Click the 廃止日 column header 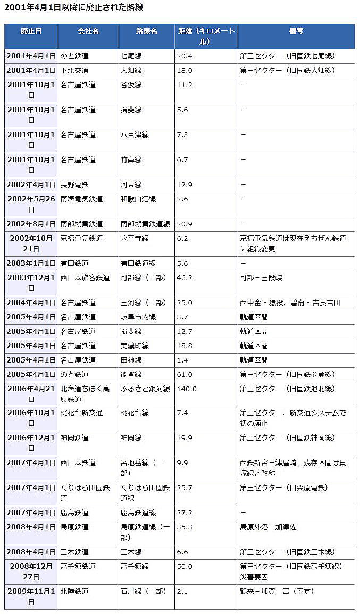point(31,31)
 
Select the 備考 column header point(296,31)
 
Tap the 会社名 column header point(88,31)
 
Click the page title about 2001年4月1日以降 point(73,7)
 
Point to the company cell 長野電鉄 point(74,185)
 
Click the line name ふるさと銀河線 point(145,389)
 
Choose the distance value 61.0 point(185,374)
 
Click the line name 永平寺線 point(131,239)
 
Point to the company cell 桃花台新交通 point(81,413)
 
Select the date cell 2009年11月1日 point(31,596)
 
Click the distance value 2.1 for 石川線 point(182,591)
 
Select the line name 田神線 point(131,360)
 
